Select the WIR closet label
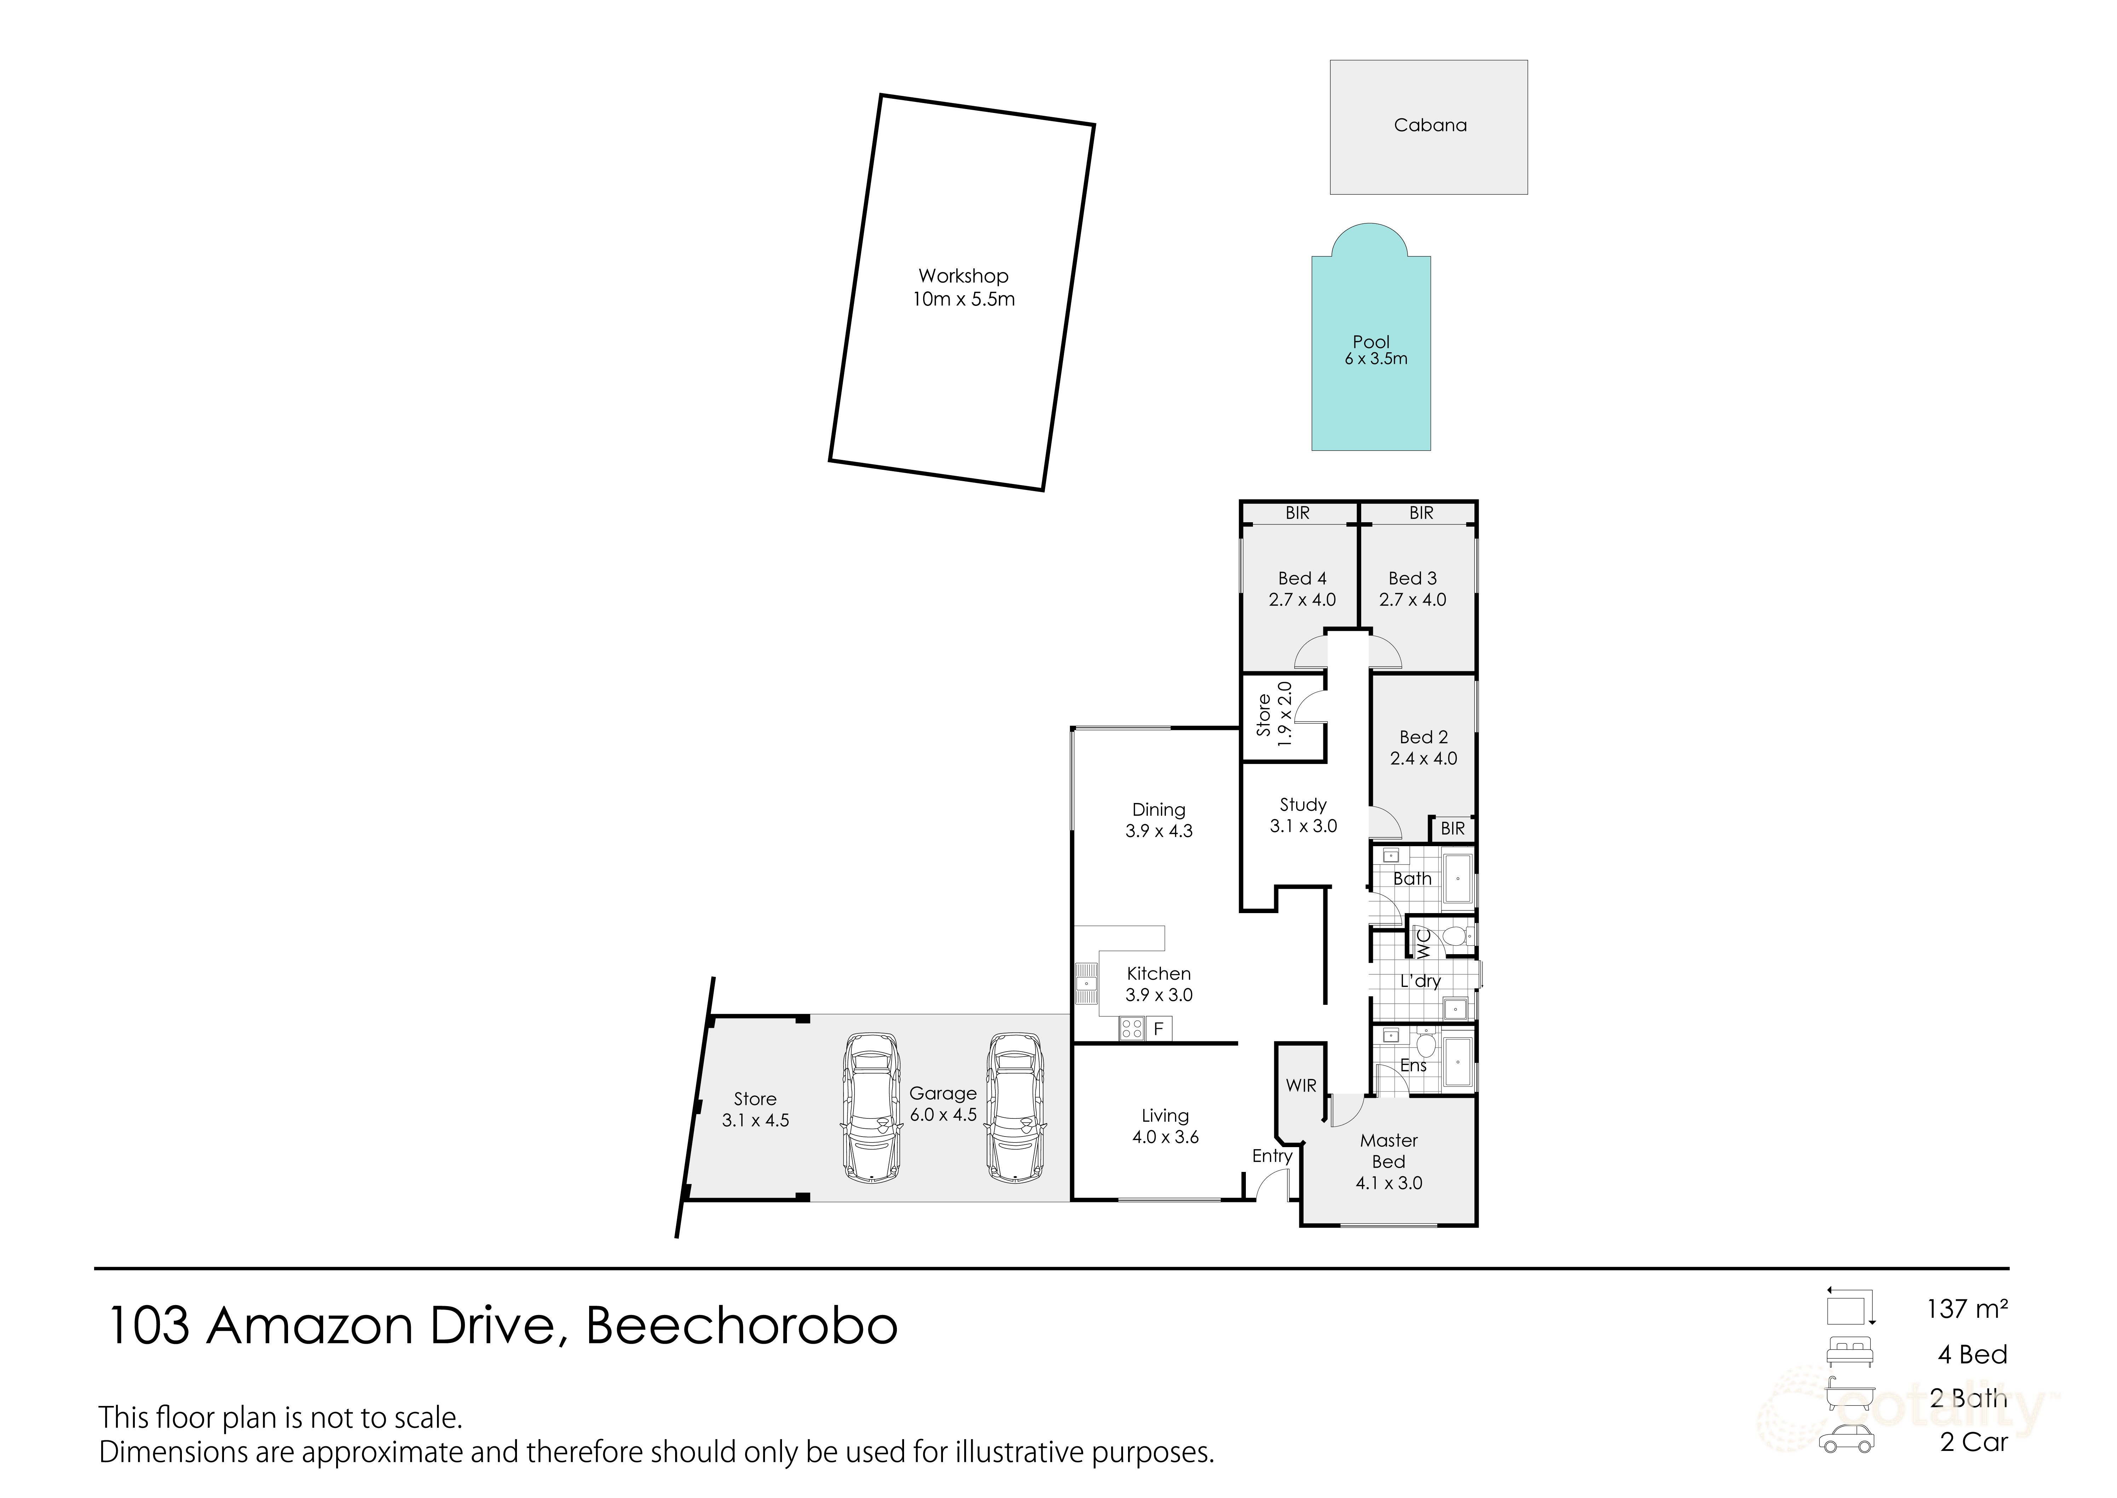click(1301, 1086)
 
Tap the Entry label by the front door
click(1271, 1156)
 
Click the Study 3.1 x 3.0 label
click(1303, 815)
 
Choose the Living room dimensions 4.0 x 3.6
click(1166, 1137)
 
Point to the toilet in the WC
click(1455, 937)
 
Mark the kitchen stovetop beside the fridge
click(1132, 1029)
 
